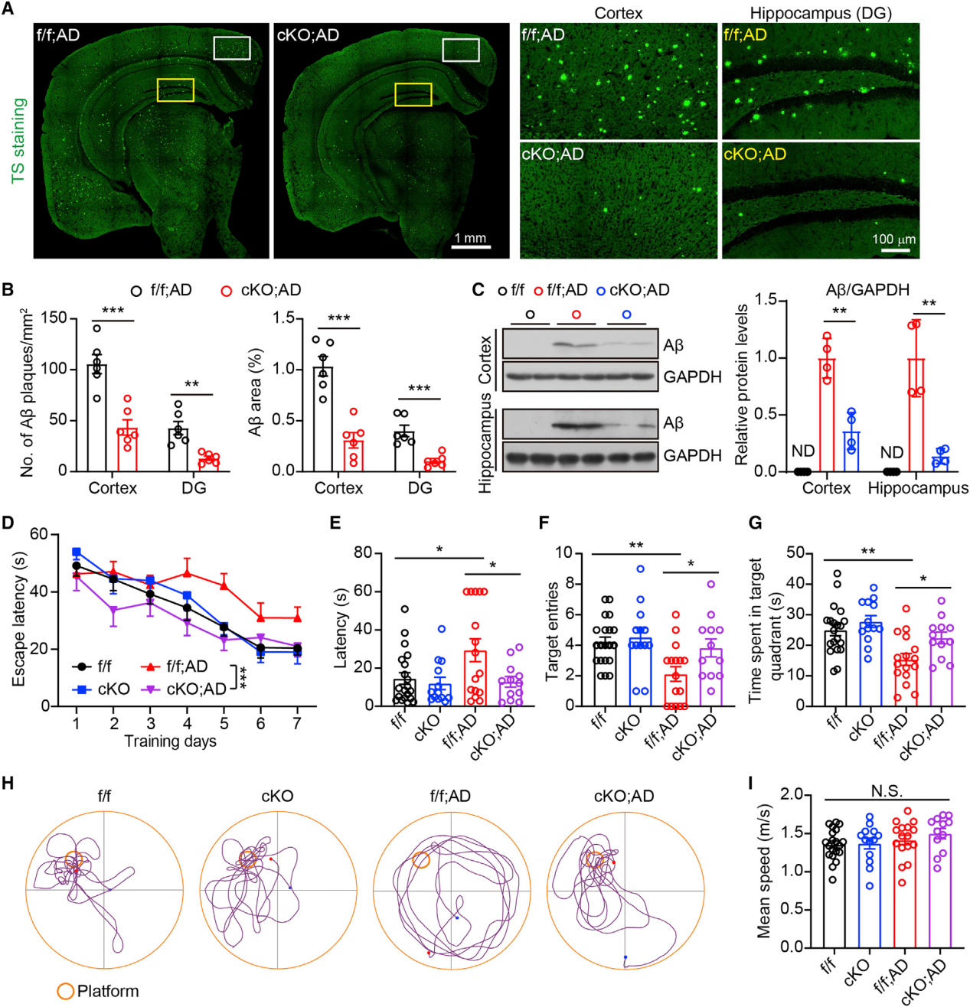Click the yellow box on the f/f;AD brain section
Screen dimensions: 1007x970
point(175,90)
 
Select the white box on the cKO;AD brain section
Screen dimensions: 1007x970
point(461,50)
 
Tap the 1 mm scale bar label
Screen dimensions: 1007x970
point(470,238)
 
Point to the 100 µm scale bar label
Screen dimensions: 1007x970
point(893,239)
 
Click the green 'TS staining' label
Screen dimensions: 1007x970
point(18,141)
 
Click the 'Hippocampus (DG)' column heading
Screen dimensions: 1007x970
point(820,13)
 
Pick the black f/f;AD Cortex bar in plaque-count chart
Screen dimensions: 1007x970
point(96,418)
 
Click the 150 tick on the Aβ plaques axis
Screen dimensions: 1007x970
point(55,318)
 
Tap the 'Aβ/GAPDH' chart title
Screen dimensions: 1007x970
point(867,290)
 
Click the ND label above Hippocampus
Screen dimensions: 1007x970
point(891,452)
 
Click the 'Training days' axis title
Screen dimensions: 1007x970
point(170,741)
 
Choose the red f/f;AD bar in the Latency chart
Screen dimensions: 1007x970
point(475,678)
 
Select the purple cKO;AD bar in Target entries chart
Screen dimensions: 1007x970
point(710,677)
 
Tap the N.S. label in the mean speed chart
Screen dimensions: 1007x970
point(887,791)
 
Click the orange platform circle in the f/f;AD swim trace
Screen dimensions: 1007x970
point(421,859)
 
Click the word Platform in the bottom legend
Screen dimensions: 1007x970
point(108,991)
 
